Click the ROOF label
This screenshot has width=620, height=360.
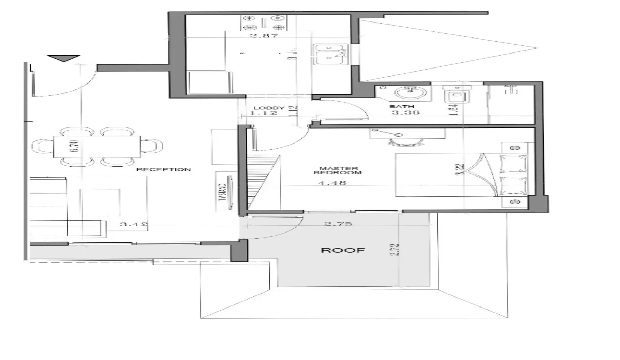tap(343, 250)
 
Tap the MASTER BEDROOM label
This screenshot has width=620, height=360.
tap(338, 170)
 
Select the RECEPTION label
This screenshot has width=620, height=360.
tap(164, 169)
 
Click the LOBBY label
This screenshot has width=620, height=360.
tap(269, 108)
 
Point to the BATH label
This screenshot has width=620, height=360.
tap(401, 107)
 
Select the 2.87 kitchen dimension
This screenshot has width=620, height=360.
tap(264, 35)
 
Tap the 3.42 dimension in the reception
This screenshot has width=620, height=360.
tap(134, 224)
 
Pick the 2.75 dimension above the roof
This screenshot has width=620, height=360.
tap(338, 224)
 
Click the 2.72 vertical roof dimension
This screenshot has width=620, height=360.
tap(395, 250)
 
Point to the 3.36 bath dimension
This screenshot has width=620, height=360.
tap(405, 112)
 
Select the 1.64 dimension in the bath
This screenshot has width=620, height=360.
tap(454, 110)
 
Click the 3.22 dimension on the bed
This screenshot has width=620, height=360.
tap(460, 169)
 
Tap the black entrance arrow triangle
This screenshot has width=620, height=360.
tap(64, 58)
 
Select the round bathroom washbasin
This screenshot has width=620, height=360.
tap(408, 92)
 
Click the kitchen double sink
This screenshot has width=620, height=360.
tap(330, 54)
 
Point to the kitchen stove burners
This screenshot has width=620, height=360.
tap(264, 23)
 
